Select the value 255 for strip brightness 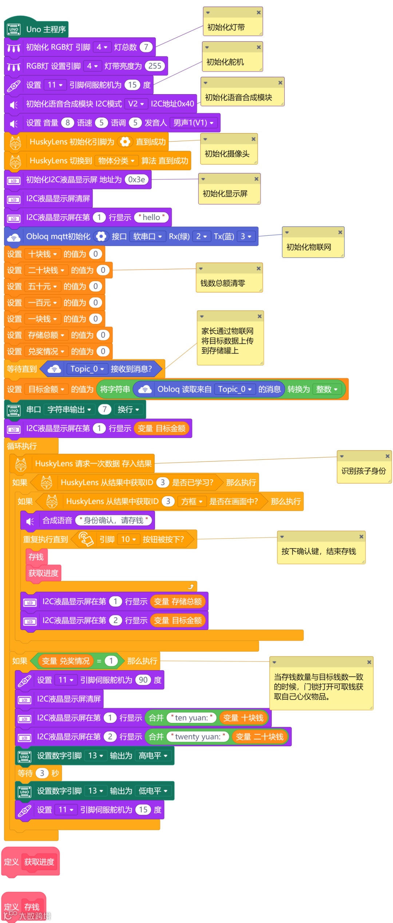tap(155, 66)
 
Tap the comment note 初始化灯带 tap(233, 27)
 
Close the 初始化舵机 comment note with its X tap(259, 47)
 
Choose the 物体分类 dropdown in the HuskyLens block tap(116, 161)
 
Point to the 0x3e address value tap(137, 180)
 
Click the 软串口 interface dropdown tap(147, 236)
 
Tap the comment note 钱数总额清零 tap(229, 283)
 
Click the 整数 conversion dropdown tap(327, 389)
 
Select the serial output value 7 tap(104, 409)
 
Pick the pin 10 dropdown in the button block tap(128, 539)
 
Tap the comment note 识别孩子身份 tap(364, 471)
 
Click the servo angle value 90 tap(143, 680)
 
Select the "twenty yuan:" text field tap(198, 737)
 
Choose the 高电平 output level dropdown tap(153, 756)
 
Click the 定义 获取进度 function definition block tap(31, 862)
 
